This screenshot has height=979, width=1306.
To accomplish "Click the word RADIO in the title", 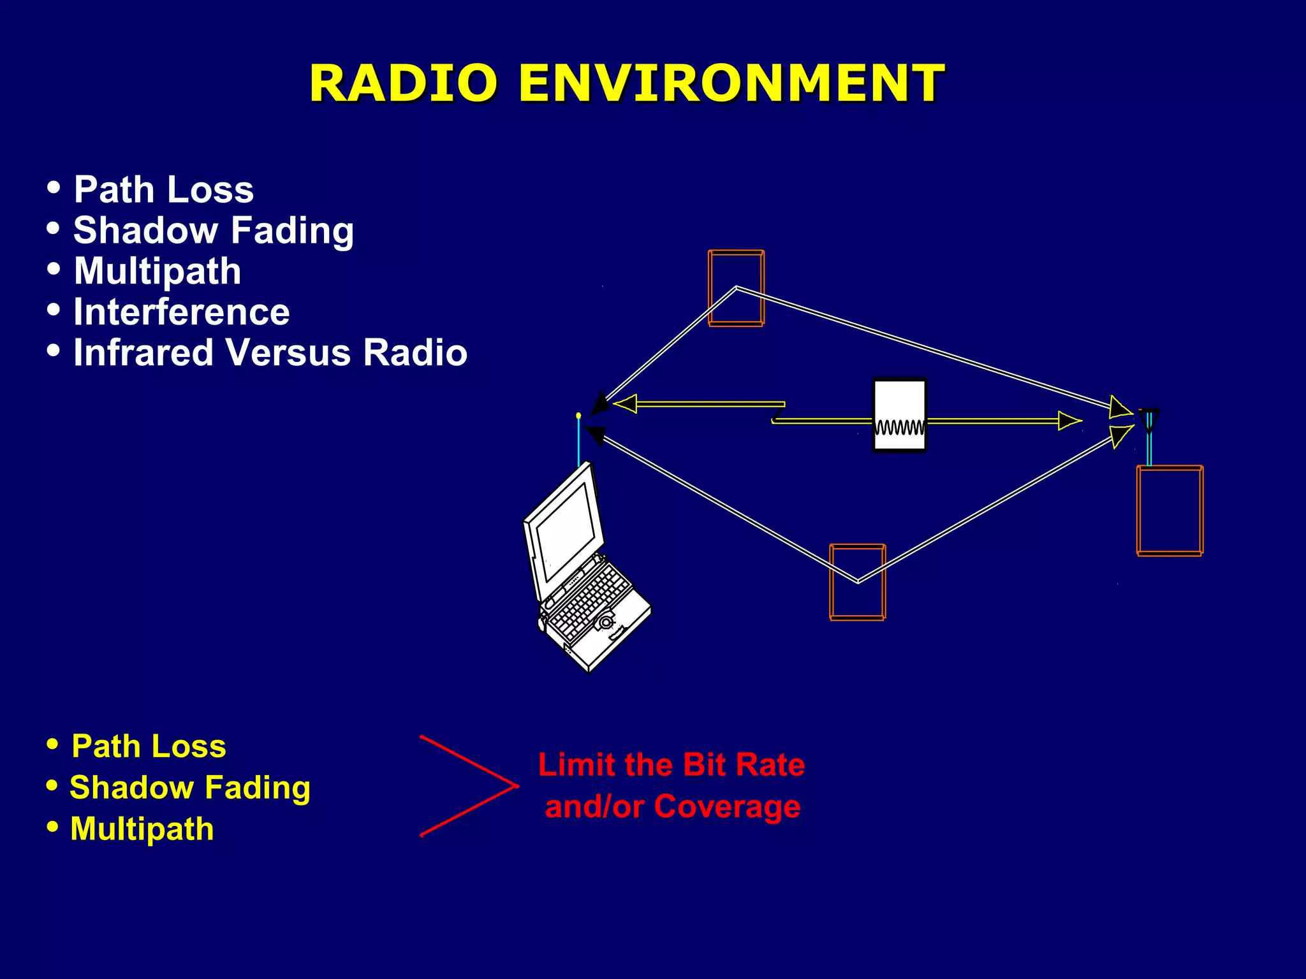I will [x=403, y=83].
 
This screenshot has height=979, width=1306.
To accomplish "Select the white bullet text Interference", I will [x=181, y=312].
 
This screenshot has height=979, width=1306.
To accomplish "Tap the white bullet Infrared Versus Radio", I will [x=270, y=352].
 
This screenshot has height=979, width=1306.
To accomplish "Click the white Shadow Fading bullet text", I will [x=213, y=231].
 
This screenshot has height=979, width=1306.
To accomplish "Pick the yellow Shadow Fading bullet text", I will [x=189, y=788].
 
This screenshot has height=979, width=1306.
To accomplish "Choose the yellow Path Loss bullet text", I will [x=148, y=746].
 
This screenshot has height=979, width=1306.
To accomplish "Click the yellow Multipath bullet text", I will [x=142, y=829].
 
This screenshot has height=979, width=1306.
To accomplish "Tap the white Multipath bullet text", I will [x=157, y=272].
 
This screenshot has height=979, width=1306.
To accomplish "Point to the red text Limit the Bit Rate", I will [x=671, y=765].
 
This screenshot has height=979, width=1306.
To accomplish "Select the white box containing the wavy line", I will [x=899, y=415].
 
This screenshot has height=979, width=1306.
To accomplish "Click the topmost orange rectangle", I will [x=736, y=288].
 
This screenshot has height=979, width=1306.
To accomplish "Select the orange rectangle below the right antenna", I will [x=1170, y=511].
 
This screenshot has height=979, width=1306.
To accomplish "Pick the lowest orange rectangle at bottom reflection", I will [x=857, y=582].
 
